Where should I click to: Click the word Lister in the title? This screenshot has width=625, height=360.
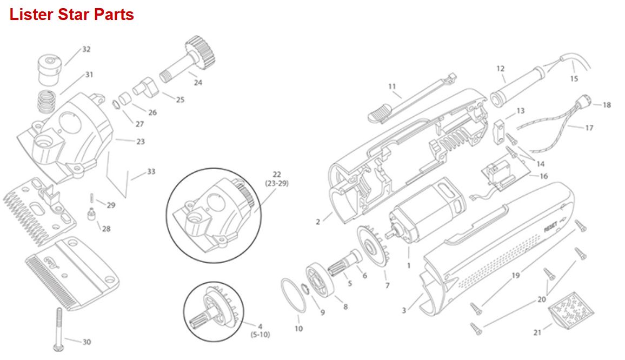(31, 15)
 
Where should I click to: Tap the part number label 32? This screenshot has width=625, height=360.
(87, 49)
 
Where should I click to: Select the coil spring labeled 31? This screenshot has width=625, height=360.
(47, 102)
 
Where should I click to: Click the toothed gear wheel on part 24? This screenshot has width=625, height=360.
(201, 52)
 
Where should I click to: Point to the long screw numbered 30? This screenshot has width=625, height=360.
(59, 329)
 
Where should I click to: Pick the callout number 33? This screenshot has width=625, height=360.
(151, 171)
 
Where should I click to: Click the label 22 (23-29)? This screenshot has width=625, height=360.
(277, 178)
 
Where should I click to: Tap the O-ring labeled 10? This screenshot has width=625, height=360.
(294, 295)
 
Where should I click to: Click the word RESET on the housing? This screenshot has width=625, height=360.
(551, 227)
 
